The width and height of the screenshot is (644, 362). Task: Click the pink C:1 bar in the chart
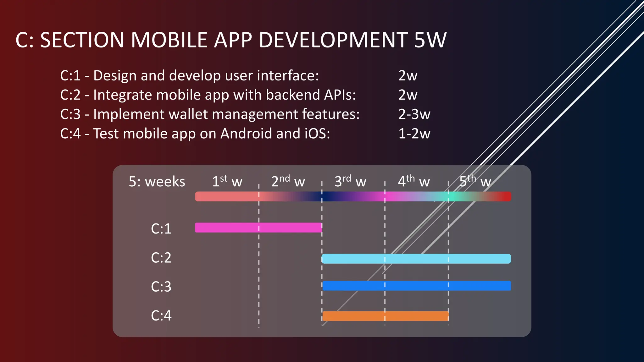tap(258, 228)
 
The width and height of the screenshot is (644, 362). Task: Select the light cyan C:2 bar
tap(416, 259)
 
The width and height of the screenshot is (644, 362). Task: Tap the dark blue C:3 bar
tap(417, 286)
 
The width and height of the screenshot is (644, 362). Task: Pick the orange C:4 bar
tap(386, 316)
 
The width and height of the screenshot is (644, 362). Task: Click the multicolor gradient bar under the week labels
tap(353, 196)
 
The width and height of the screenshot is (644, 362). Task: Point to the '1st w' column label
tap(227, 182)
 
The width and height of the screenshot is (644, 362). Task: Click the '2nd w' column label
tap(288, 182)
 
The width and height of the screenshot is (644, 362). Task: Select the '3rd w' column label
tap(350, 182)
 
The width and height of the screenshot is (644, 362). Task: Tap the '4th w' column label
tap(414, 182)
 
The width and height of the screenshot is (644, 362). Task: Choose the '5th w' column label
tap(475, 182)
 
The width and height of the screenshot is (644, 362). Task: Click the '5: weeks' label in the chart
tap(157, 182)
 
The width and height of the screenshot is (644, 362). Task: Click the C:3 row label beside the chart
tap(161, 287)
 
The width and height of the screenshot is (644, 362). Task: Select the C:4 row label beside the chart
tap(161, 315)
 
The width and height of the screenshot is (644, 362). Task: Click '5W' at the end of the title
tap(430, 40)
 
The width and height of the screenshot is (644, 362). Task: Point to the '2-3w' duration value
tap(414, 114)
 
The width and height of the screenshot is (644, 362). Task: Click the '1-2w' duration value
tap(414, 134)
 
